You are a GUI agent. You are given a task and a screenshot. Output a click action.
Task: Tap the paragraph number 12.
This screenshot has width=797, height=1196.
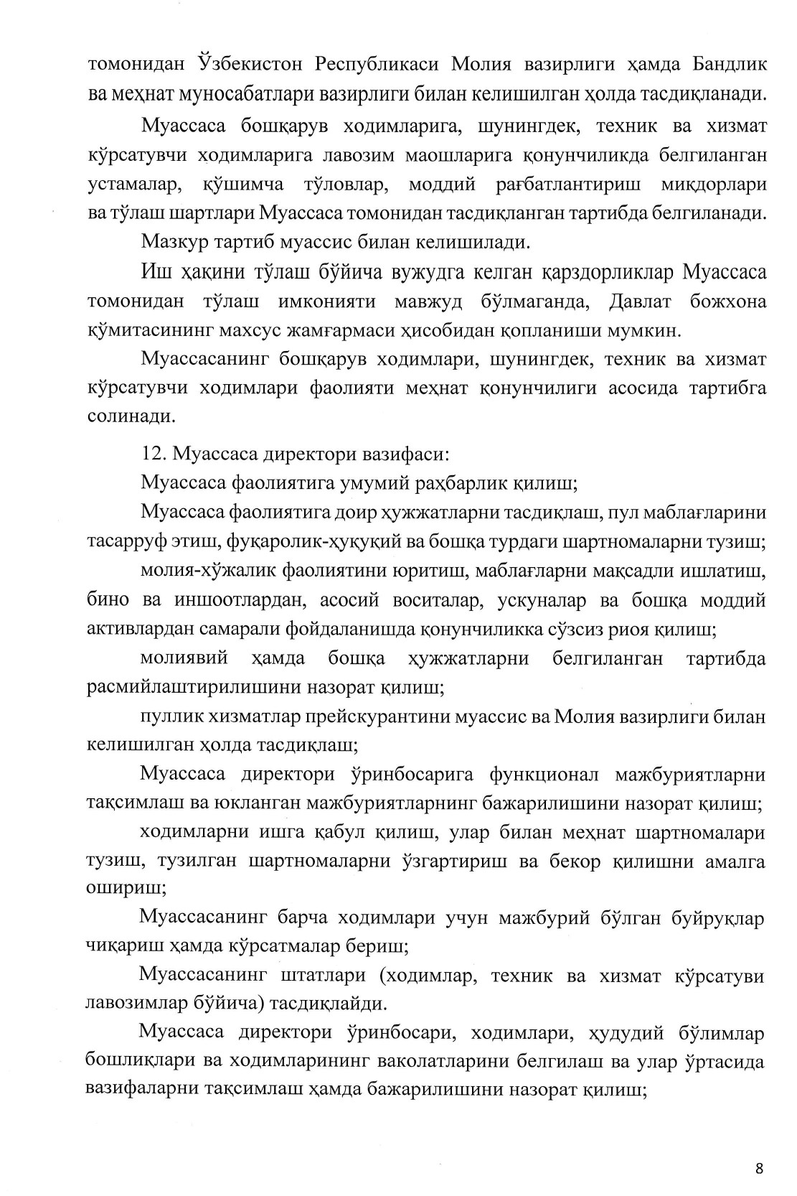153,455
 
